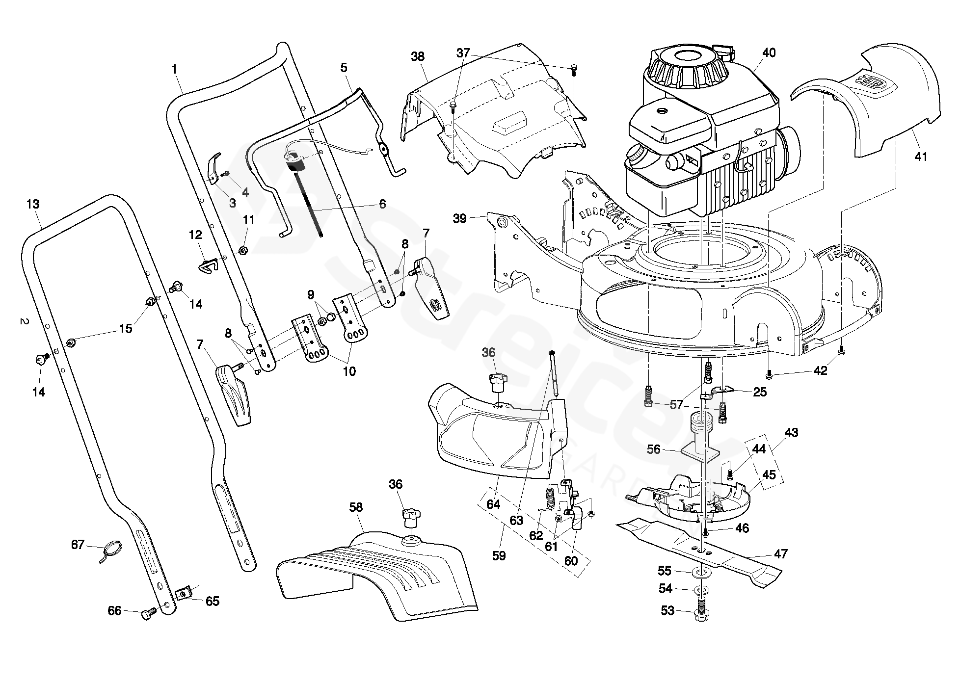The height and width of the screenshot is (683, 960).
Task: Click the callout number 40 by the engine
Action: pyautogui.click(x=769, y=53)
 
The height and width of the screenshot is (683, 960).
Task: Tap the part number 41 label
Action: pyautogui.click(x=921, y=157)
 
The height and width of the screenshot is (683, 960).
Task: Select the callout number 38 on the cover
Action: pyautogui.click(x=418, y=56)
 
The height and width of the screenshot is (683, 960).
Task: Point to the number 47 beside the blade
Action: pyautogui.click(x=780, y=554)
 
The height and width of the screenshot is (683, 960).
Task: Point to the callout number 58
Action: pyautogui.click(x=356, y=507)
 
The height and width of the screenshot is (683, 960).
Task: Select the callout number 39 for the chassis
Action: pyautogui.click(x=459, y=218)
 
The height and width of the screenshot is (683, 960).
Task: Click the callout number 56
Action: pyautogui.click(x=653, y=449)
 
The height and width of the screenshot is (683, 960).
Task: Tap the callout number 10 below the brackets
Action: pyautogui.click(x=349, y=371)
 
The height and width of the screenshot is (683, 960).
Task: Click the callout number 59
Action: pyautogui.click(x=499, y=555)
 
